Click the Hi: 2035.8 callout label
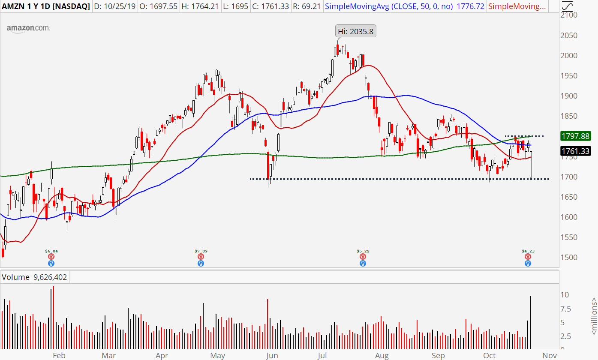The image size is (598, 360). click(x=355, y=31)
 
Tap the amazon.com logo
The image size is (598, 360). click(x=28, y=28)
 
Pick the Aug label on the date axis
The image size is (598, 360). click(x=382, y=355)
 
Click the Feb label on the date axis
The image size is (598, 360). click(x=59, y=355)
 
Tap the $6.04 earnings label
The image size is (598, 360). click(x=51, y=251)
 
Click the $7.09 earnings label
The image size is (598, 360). click(x=201, y=251)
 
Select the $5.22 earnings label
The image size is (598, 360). click(x=363, y=251)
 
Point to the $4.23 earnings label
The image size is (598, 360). click(x=528, y=251)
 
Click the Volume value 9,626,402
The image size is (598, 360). click(x=50, y=277)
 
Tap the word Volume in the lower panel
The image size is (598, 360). click(x=16, y=277)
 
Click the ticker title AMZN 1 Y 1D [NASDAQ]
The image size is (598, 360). click(x=46, y=6)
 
